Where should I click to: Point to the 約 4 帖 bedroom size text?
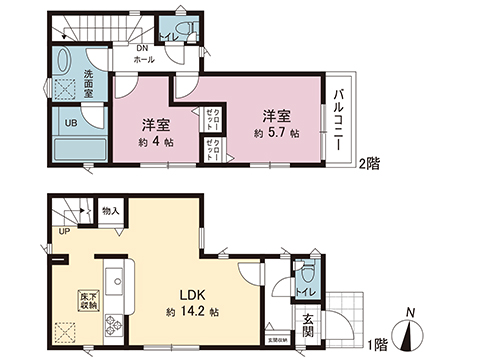154,141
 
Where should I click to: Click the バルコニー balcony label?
340,118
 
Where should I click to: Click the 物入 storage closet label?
112,212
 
